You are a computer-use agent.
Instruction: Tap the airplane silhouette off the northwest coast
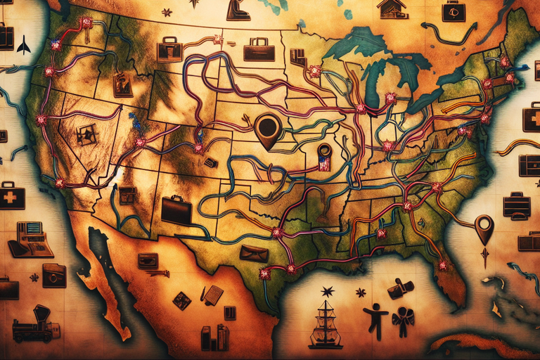point(24,45)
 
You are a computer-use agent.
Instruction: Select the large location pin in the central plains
point(268,129)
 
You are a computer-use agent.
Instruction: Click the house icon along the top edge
point(392,8)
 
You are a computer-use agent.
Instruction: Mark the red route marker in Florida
point(442,265)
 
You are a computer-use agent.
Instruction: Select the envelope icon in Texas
point(253,253)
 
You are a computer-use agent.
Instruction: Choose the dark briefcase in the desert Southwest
point(176,209)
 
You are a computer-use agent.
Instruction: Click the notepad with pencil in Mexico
point(212,294)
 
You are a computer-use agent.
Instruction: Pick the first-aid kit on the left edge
point(11,195)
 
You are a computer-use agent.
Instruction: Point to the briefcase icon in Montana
point(169,49)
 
